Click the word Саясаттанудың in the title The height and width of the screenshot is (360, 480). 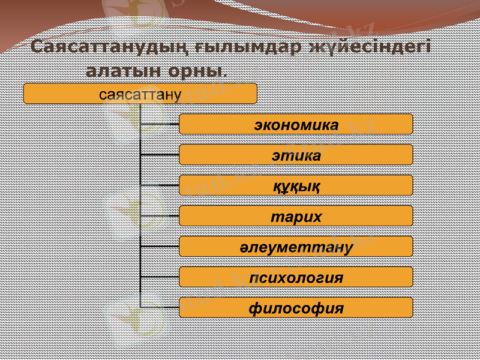tap(96, 47)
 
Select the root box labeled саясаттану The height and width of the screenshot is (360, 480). tap(140, 94)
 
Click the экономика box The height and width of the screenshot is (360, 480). tap(296, 124)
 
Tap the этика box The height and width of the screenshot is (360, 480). tap(296, 155)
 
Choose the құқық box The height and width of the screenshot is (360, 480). tap(296, 185)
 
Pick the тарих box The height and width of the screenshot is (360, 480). tap(296, 216)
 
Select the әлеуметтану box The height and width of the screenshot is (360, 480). tap(296, 247)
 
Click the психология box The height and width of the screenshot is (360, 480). tap(296, 277)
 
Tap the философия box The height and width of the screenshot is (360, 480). tap(296, 308)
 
